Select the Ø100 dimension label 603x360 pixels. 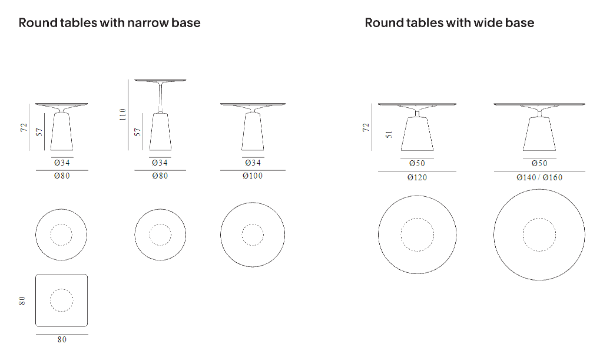click(x=253, y=176)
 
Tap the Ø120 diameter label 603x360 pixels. click(x=418, y=177)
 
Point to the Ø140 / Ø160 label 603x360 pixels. click(x=539, y=177)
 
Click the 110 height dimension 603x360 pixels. click(x=122, y=114)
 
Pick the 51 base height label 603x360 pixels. click(x=389, y=134)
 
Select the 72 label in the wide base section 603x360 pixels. click(x=366, y=127)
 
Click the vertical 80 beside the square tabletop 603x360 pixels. click(x=22, y=300)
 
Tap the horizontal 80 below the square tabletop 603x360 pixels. click(x=62, y=339)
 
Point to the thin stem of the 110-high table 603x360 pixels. click(x=160, y=97)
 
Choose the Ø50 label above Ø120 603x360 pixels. click(x=418, y=163)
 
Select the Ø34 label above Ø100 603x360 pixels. click(x=253, y=163)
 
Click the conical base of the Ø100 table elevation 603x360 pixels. click(x=253, y=131)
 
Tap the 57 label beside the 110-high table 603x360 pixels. click(x=138, y=132)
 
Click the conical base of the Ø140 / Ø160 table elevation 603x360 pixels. click(x=539, y=134)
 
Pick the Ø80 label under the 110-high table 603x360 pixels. click(x=160, y=176)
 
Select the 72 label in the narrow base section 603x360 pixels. click(x=24, y=127)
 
